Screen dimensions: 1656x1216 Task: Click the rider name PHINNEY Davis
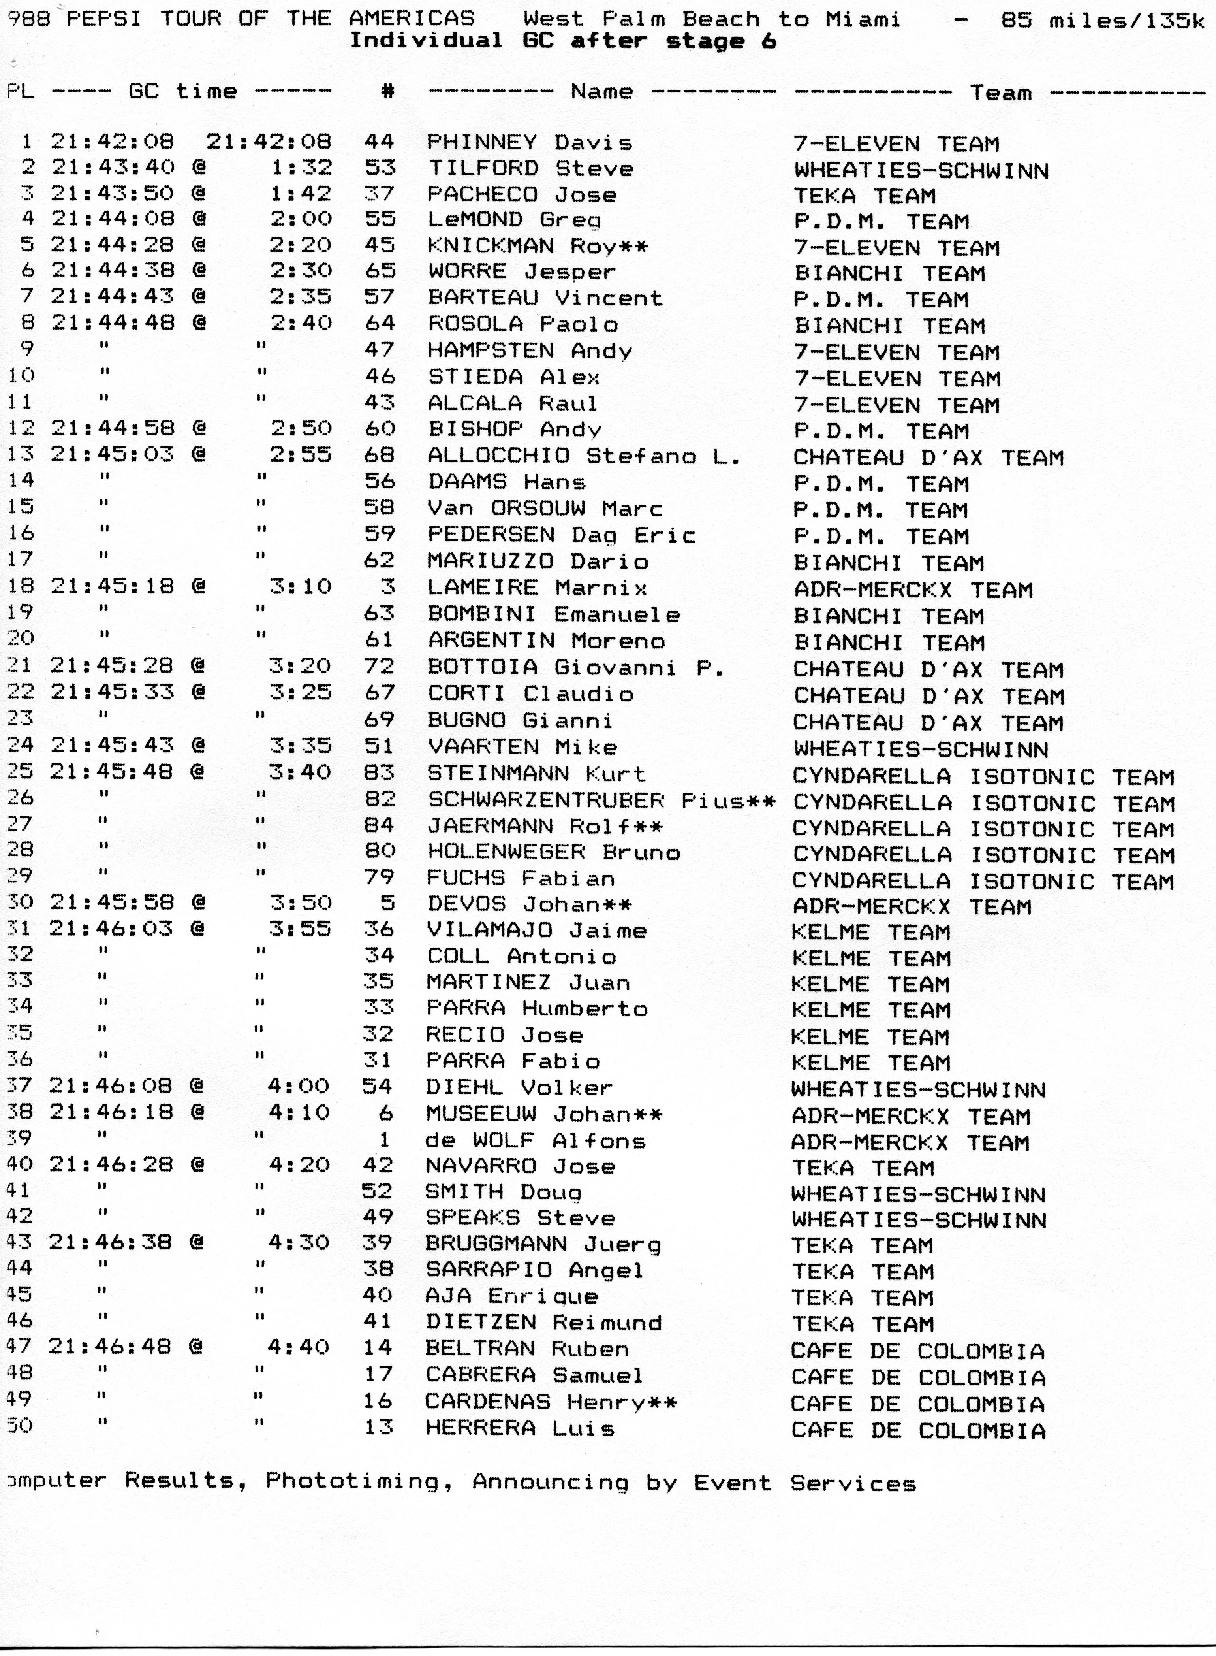pyautogui.click(x=529, y=142)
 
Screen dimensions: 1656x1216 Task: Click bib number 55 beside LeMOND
pyautogui.click(x=380, y=219)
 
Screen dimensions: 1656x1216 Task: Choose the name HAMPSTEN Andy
pyautogui.click(x=529, y=350)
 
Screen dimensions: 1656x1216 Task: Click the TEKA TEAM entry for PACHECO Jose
pyautogui.click(x=864, y=196)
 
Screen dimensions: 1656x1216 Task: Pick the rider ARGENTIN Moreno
pyautogui.click(x=546, y=641)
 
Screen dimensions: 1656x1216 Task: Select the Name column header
pyautogui.click(x=601, y=91)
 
